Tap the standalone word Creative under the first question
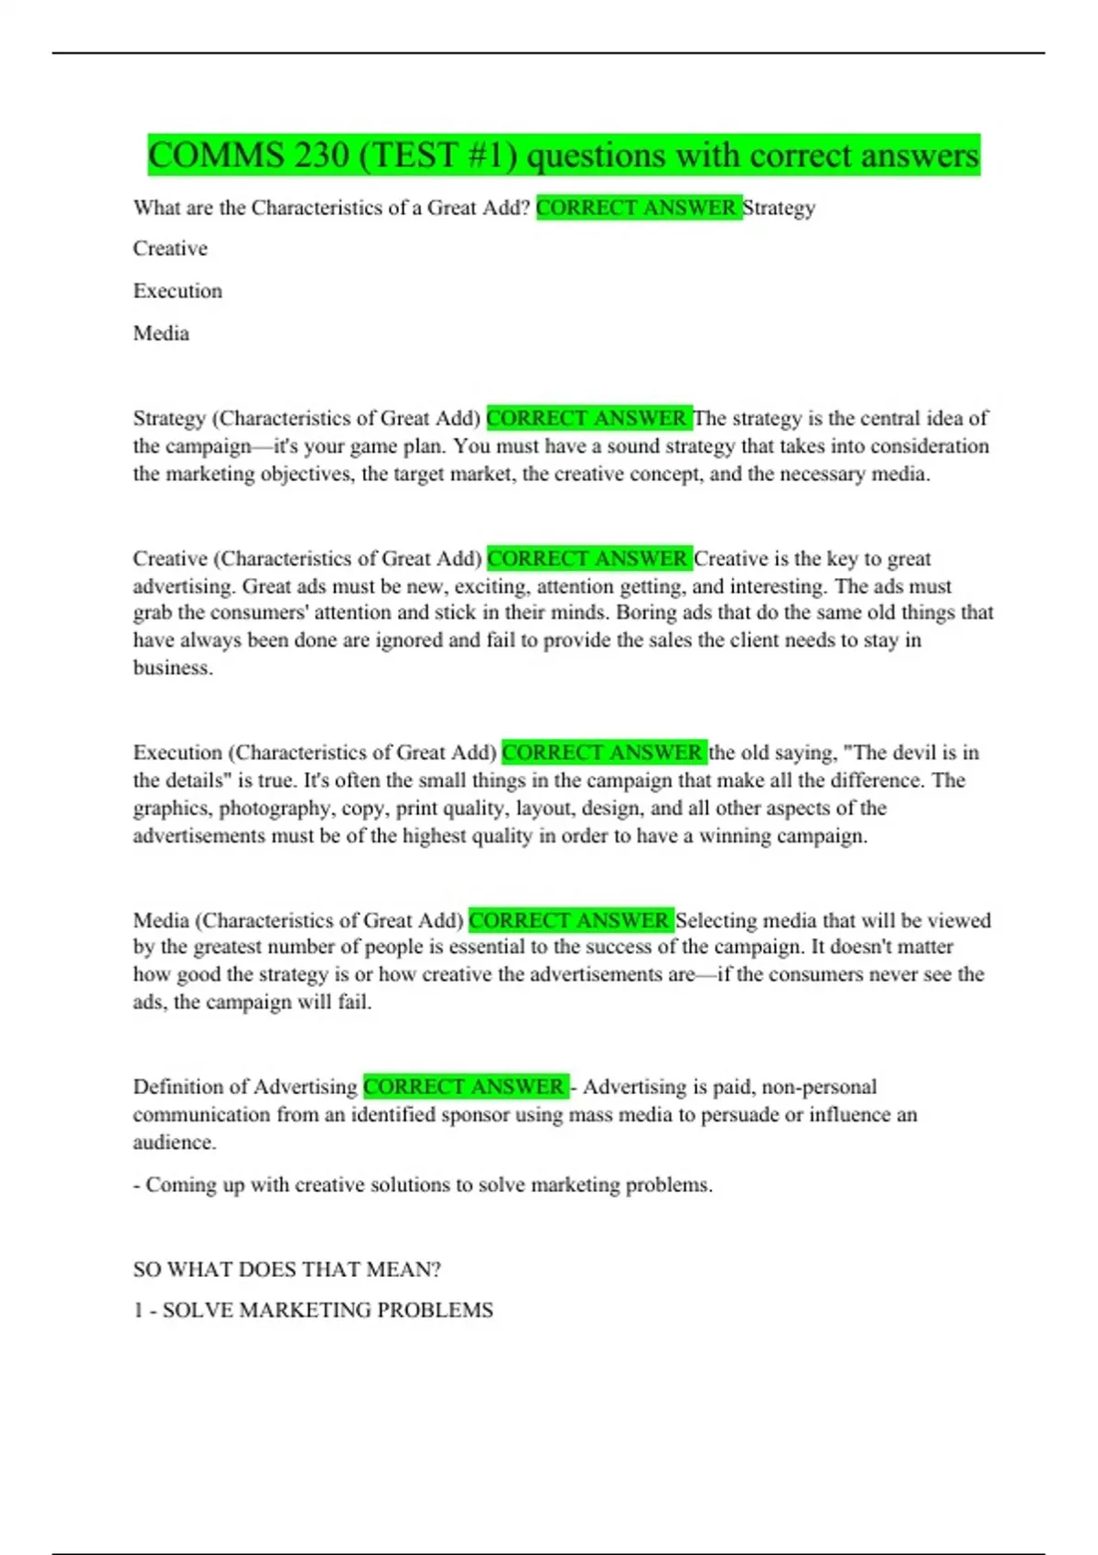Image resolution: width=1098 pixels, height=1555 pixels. coord(170,249)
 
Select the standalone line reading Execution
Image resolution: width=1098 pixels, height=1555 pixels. coord(178,291)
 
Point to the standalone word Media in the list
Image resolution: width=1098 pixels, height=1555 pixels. coord(161,333)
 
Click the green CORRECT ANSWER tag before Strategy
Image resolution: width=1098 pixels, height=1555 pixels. coord(638,208)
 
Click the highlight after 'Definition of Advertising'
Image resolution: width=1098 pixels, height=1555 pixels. coord(465,1087)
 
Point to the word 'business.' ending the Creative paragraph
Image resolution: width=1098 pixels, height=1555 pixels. coord(173,668)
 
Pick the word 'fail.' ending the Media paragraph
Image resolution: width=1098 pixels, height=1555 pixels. coord(354,1003)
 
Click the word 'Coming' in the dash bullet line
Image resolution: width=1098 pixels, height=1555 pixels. coord(179,1185)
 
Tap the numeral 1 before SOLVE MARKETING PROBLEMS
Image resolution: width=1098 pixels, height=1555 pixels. coord(138,1311)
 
